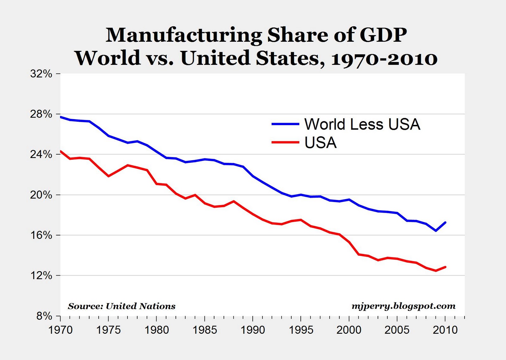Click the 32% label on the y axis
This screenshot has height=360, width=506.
[x=41, y=74]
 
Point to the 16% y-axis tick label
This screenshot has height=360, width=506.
[x=41, y=235]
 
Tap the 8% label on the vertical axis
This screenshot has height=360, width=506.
[x=44, y=316]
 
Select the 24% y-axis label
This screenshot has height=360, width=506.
[x=41, y=155]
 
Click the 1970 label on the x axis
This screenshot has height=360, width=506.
[x=60, y=330]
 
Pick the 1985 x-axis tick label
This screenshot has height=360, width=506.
[x=205, y=330]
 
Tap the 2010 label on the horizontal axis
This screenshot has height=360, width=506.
[x=445, y=330]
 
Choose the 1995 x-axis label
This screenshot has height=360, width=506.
[x=301, y=330]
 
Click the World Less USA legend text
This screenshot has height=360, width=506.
[x=362, y=124]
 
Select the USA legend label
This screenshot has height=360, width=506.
[x=320, y=143]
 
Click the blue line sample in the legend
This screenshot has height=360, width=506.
[x=285, y=124]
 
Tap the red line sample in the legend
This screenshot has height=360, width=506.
[x=285, y=143]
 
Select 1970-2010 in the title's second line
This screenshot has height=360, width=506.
[x=384, y=58]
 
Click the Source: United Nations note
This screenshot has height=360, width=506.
[x=121, y=306]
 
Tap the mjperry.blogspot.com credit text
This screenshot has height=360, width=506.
[x=404, y=306]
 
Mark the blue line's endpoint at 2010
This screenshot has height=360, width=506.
[x=445, y=223]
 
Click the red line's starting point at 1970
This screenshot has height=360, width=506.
[x=61, y=151]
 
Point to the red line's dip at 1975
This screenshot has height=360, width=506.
[x=108, y=176]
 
